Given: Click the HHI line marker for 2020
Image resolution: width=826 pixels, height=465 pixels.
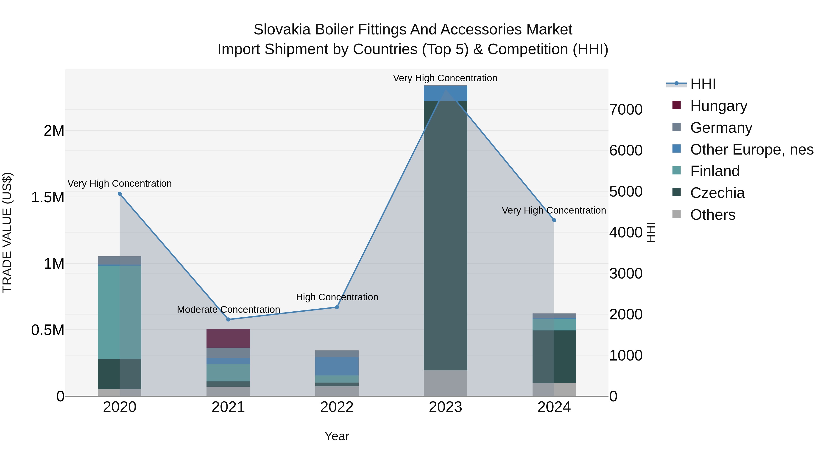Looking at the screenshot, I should pyautogui.click(x=120, y=194).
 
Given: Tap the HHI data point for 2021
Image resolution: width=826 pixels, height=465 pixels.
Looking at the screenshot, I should pyautogui.click(x=228, y=319).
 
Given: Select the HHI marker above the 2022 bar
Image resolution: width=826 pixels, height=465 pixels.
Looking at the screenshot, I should pyautogui.click(x=337, y=307).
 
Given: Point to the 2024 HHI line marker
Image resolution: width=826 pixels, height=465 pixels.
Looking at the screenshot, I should pyautogui.click(x=554, y=220).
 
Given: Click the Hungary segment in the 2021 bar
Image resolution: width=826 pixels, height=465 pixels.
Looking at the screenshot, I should pyautogui.click(x=228, y=338).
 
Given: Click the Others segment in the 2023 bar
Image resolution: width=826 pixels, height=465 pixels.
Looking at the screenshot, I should pyautogui.click(x=445, y=383).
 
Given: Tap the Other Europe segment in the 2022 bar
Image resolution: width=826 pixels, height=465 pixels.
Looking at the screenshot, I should pyautogui.click(x=337, y=366).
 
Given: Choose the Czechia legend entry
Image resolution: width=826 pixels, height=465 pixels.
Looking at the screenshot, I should pyautogui.click(x=717, y=193).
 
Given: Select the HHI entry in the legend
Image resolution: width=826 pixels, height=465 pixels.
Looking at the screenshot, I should pyautogui.click(x=703, y=84).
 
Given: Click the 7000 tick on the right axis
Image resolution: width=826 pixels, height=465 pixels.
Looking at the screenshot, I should pyautogui.click(x=626, y=110).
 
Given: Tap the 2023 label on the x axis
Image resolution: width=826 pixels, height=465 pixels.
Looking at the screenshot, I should pyautogui.click(x=445, y=407).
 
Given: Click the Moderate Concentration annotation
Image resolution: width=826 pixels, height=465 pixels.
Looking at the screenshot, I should pyautogui.click(x=228, y=309).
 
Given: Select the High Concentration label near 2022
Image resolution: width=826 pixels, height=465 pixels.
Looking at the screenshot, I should pyautogui.click(x=337, y=297).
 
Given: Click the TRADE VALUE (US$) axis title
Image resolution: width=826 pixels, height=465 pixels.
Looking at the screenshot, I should pyautogui.click(x=7, y=232).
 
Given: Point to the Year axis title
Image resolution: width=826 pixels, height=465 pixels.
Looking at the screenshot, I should pyautogui.click(x=337, y=436).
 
